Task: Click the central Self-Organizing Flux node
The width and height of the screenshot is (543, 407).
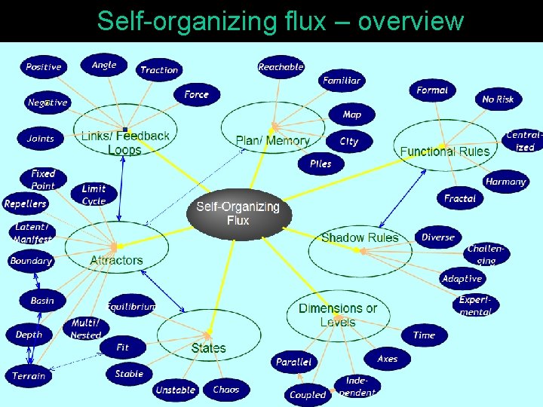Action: [x=238, y=213]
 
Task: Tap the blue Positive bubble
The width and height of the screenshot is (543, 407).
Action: [x=44, y=67]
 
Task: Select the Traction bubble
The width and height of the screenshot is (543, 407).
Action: [x=159, y=70]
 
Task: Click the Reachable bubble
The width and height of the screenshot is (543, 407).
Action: [x=281, y=67]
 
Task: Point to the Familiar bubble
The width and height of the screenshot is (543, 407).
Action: [x=342, y=80]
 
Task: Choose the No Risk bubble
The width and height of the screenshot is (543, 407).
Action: [x=498, y=99]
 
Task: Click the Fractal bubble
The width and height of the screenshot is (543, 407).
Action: [x=460, y=198]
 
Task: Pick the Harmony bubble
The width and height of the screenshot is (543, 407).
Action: [x=505, y=182]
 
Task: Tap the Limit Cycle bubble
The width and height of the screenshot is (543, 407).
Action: [x=94, y=195]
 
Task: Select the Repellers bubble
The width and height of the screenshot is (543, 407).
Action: [x=26, y=203]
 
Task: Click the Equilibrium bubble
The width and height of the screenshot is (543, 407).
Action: [x=131, y=307]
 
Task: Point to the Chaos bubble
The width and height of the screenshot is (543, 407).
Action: [x=225, y=390]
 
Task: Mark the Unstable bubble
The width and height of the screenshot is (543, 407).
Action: [x=175, y=390]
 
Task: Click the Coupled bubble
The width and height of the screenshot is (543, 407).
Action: [x=308, y=394]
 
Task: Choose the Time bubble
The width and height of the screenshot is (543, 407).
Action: [x=424, y=335]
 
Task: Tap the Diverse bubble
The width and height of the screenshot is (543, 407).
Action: [x=438, y=237]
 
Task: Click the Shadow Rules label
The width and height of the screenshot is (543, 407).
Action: [x=360, y=238]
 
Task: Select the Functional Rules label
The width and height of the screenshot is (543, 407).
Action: [x=445, y=151]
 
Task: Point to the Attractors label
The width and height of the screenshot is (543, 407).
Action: [x=116, y=261]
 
